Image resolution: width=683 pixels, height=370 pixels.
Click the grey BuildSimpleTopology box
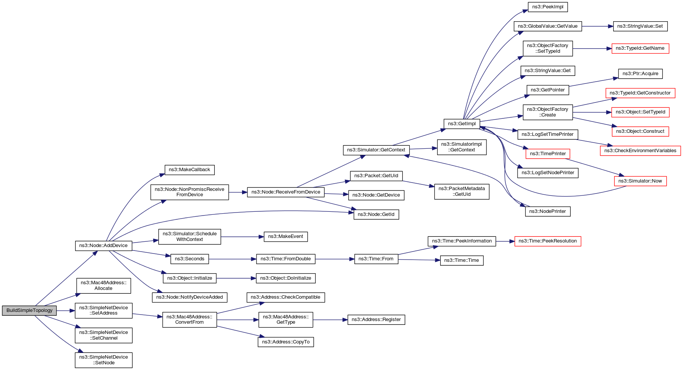[x=29, y=310]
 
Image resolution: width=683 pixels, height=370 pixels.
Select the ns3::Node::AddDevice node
[x=104, y=246]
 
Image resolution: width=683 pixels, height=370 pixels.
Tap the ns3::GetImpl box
[x=461, y=124]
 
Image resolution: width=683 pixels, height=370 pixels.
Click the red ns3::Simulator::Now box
[x=640, y=181]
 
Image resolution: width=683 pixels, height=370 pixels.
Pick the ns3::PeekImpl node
[x=548, y=7]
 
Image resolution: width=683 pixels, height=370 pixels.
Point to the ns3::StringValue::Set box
[x=640, y=26]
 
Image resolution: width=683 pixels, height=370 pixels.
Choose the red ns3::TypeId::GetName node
[x=640, y=48]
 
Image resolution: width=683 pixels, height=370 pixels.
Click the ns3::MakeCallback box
[x=189, y=170]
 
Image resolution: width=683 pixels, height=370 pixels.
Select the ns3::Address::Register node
[x=376, y=320]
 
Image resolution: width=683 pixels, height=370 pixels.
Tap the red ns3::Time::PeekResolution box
[x=547, y=241]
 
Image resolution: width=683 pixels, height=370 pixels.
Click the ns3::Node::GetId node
[x=376, y=214]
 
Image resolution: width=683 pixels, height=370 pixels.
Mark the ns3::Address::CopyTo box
[x=286, y=342]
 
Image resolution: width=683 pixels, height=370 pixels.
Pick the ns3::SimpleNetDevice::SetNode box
[x=104, y=360]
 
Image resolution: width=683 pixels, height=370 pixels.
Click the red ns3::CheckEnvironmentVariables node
[x=640, y=151]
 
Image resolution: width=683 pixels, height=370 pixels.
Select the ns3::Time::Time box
[x=461, y=260]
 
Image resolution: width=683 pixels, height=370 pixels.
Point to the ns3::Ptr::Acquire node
[x=640, y=74]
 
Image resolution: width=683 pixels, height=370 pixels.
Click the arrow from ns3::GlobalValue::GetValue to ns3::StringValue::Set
[x=597, y=26]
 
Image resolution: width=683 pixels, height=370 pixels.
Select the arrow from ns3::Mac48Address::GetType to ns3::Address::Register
[x=330, y=320]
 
